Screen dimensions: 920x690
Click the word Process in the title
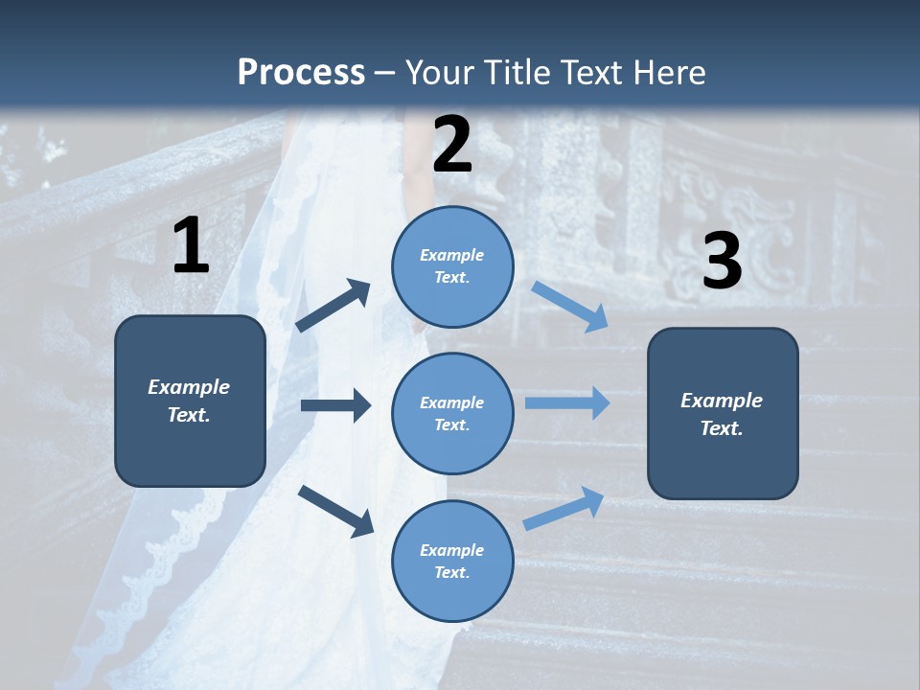(301, 73)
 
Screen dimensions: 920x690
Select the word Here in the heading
(669, 72)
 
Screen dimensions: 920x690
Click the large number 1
(192, 244)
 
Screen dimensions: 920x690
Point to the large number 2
(452, 144)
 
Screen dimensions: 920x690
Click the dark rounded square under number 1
(190, 401)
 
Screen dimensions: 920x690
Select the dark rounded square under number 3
(723, 414)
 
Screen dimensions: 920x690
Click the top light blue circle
(452, 266)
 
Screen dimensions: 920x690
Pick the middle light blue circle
(452, 414)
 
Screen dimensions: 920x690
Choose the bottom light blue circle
(452, 561)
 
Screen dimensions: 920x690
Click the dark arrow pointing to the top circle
(333, 305)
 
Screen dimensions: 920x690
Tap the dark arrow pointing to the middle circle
(336, 405)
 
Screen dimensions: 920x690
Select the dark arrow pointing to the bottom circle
(335, 512)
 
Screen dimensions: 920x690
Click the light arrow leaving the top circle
(569, 307)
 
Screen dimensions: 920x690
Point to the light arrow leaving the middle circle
(567, 403)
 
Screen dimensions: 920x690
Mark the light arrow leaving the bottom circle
(563, 509)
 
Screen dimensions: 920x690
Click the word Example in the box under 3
(722, 401)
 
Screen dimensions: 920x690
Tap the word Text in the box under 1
(189, 415)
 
